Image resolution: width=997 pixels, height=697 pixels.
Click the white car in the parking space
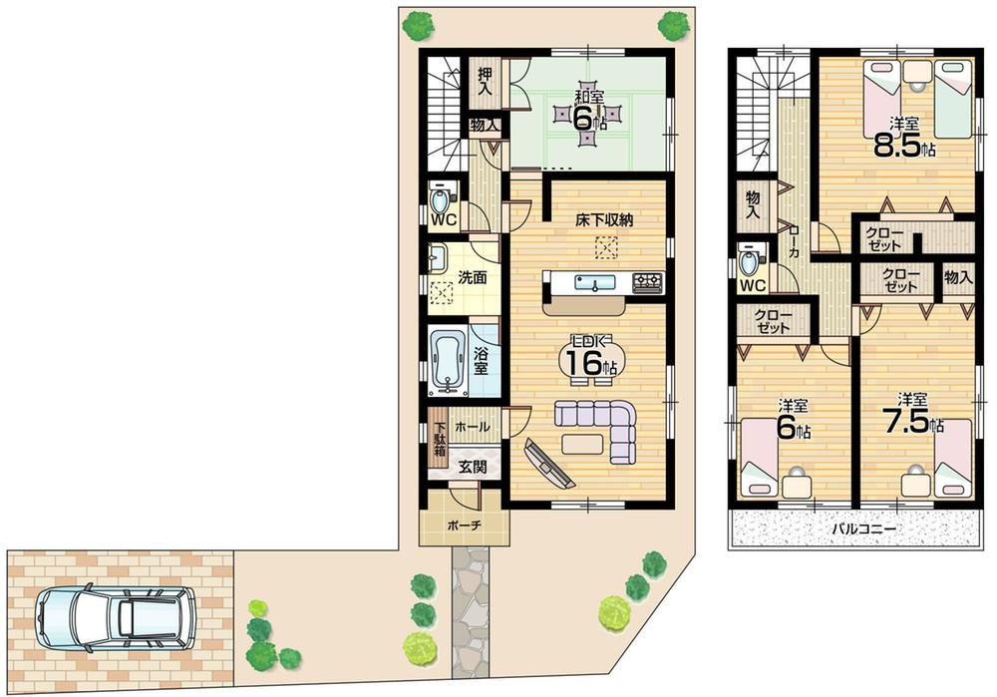(x=115, y=616)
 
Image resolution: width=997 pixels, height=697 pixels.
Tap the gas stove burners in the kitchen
(x=646, y=283)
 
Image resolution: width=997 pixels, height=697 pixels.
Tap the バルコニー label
(x=862, y=528)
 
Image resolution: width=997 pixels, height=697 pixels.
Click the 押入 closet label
(x=486, y=81)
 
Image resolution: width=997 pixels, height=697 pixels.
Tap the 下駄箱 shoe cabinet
(x=439, y=443)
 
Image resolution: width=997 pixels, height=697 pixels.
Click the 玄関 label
(x=473, y=466)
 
